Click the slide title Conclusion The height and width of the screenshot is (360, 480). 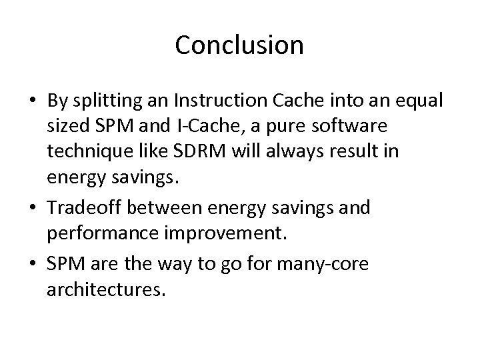coord(239,45)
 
